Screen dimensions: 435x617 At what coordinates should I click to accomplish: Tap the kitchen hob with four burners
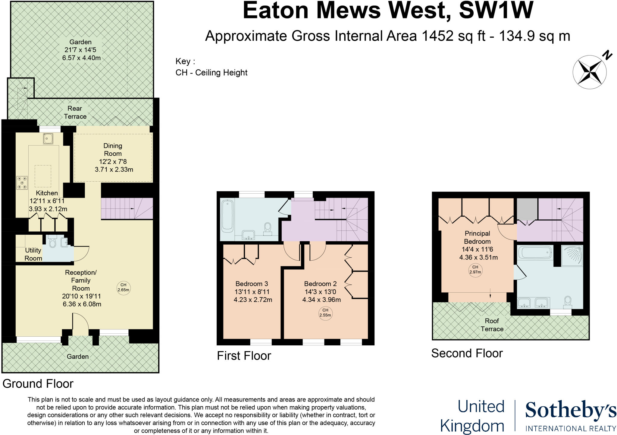pos(22,183)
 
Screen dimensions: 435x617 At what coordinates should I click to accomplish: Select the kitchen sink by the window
pos(48,139)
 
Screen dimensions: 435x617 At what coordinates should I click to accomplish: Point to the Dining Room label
pos(113,150)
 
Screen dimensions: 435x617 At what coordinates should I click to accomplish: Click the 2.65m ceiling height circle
pos(123,287)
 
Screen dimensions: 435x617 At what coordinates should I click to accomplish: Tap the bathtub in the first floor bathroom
pos(227,217)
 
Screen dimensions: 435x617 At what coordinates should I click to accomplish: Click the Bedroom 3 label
pos(252,284)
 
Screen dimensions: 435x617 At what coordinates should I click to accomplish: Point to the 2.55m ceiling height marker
pos(325,313)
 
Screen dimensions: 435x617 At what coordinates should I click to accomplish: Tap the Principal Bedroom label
pos(477,237)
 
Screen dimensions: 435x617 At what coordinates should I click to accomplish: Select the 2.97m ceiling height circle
pos(475,269)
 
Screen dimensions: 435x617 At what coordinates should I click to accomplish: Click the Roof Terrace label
pos(492,325)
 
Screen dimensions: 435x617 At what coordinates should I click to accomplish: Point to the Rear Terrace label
pos(75,112)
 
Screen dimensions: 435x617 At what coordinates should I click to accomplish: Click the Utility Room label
pos(33,254)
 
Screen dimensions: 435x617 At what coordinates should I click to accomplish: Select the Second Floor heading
pos(467,353)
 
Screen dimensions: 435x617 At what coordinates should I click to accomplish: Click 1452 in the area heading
pos(437,36)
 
